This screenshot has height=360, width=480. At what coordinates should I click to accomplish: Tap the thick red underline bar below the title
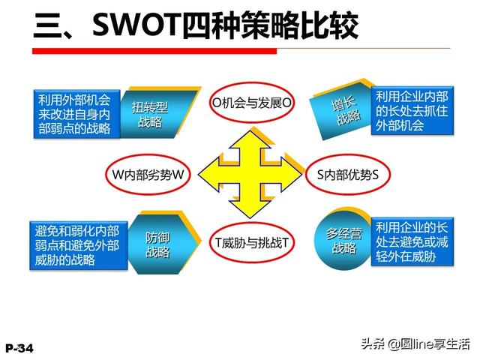pyautogui.click(x=154, y=51)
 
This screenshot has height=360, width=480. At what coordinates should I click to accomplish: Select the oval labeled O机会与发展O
pyautogui.click(x=251, y=103)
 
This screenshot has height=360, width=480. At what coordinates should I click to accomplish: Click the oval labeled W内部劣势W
pyautogui.click(x=148, y=175)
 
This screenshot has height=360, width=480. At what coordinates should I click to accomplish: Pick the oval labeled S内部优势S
pyautogui.click(x=348, y=175)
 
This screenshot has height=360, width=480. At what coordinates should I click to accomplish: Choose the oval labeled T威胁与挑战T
pyautogui.click(x=252, y=243)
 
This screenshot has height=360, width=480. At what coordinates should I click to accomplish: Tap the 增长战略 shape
pyautogui.click(x=343, y=110)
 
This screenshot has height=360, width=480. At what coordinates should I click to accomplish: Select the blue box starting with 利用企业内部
pyautogui.click(x=412, y=111)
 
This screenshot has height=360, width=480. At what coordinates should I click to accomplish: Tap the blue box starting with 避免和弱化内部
pyautogui.click(x=78, y=245)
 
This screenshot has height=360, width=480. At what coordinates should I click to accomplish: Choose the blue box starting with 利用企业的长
pyautogui.click(x=412, y=241)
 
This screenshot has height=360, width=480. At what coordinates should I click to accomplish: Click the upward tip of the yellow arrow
pyautogui.click(x=250, y=131)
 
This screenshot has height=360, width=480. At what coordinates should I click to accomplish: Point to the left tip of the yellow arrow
pyautogui.click(x=199, y=175)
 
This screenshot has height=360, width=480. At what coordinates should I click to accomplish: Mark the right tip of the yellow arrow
pyautogui.click(x=301, y=175)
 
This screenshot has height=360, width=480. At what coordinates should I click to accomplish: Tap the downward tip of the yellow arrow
pyautogui.click(x=250, y=217)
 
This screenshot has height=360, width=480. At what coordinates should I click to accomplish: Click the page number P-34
pyautogui.click(x=19, y=348)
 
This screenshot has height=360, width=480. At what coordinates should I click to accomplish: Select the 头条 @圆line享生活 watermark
pyautogui.click(x=415, y=344)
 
